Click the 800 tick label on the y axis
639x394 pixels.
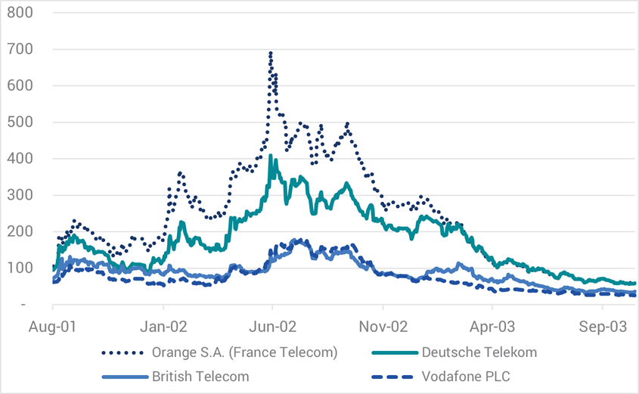pyautogui.click(x=20, y=13)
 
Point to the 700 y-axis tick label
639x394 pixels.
pyautogui.click(x=20, y=49)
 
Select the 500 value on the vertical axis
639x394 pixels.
pyautogui.click(x=20, y=122)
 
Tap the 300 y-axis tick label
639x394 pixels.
pyautogui.click(x=20, y=195)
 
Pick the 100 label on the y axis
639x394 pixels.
pyautogui.click(x=20, y=268)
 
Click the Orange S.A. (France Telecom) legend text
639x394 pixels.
pyautogui.click(x=244, y=352)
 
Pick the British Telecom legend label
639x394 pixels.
pyautogui.click(x=200, y=375)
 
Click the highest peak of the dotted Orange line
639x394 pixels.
pyautogui.click(x=271, y=53)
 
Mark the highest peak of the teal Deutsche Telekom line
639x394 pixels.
pyautogui.click(x=271, y=156)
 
